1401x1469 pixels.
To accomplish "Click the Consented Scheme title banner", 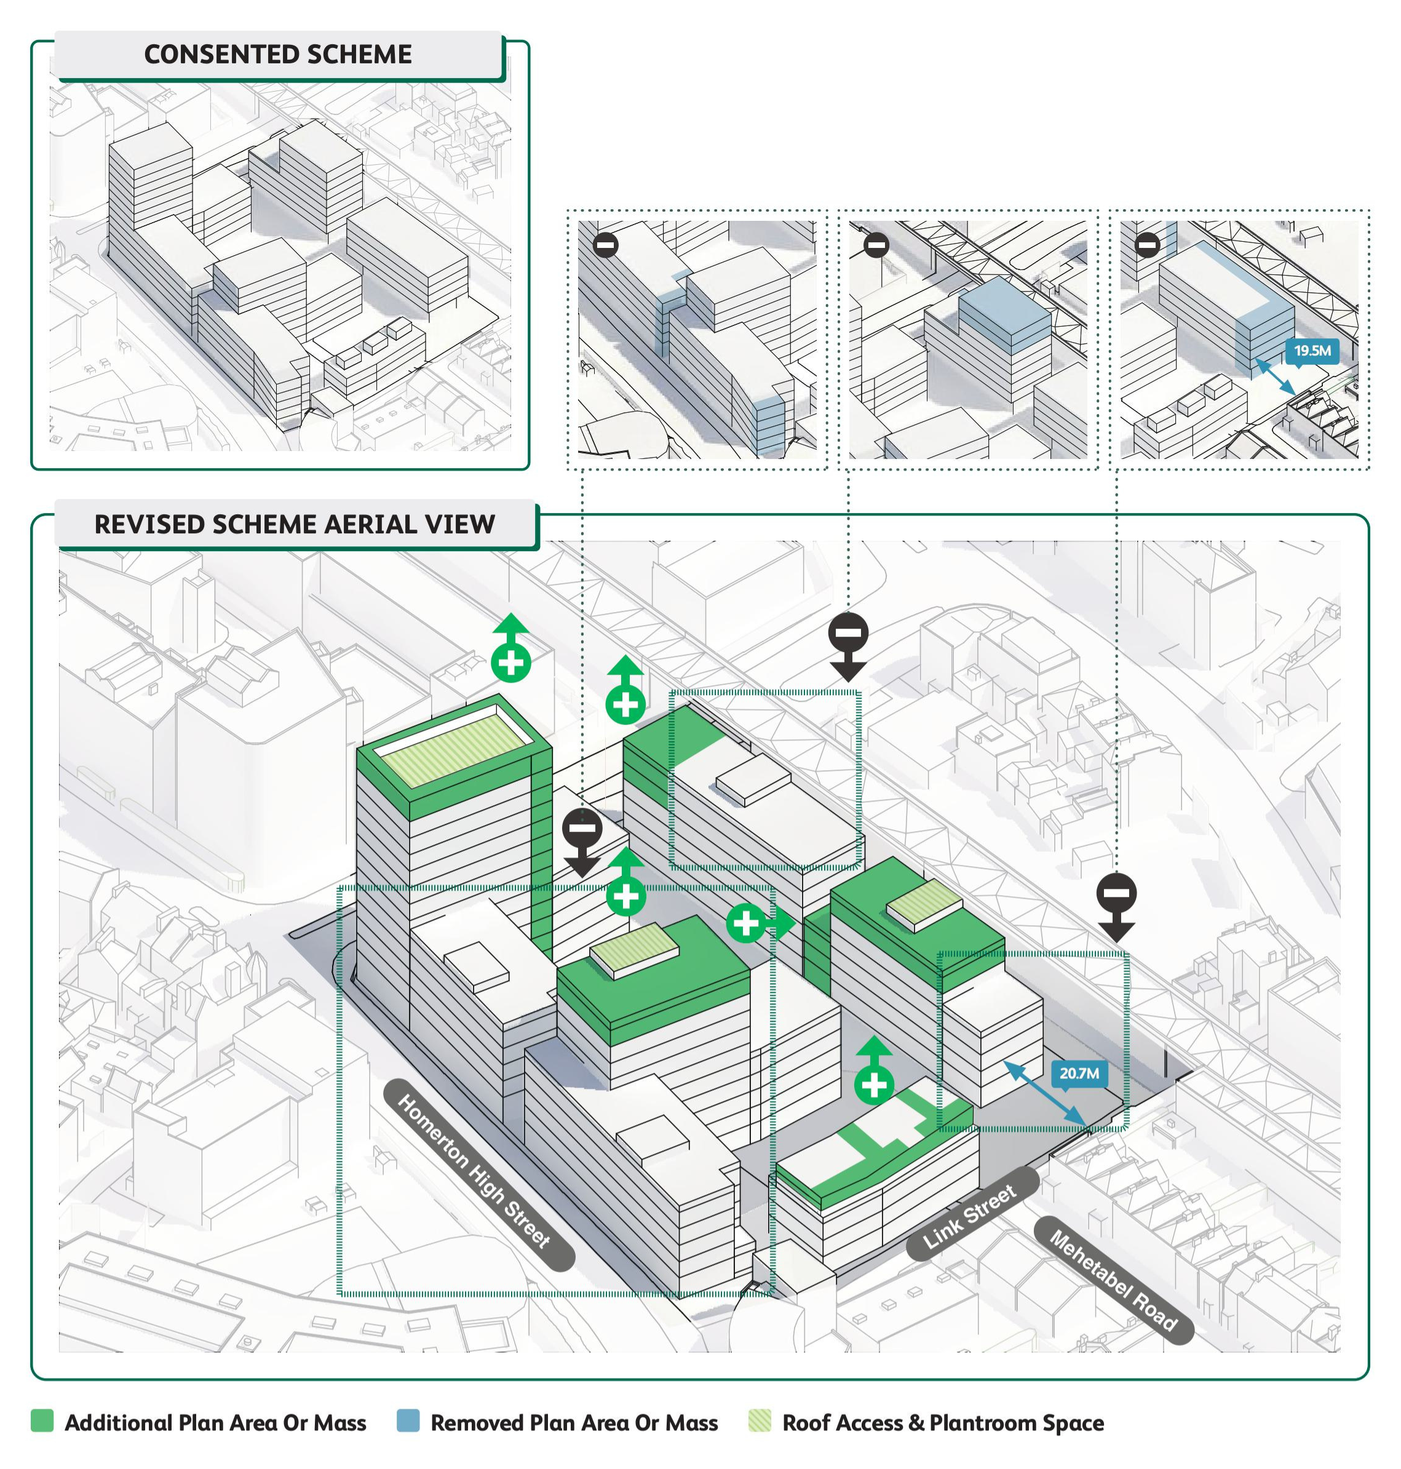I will [278, 55].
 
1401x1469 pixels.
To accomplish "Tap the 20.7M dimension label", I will [1079, 1073].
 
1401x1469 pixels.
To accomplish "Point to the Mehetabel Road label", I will [1113, 1280].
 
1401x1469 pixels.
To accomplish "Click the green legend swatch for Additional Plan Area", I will [42, 1420].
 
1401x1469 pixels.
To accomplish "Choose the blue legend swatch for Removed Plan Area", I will [408, 1420].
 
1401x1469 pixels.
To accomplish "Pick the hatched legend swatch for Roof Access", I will [760, 1420].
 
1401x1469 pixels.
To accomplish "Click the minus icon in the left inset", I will [606, 244].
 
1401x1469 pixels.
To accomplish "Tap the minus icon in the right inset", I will [1147, 244].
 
